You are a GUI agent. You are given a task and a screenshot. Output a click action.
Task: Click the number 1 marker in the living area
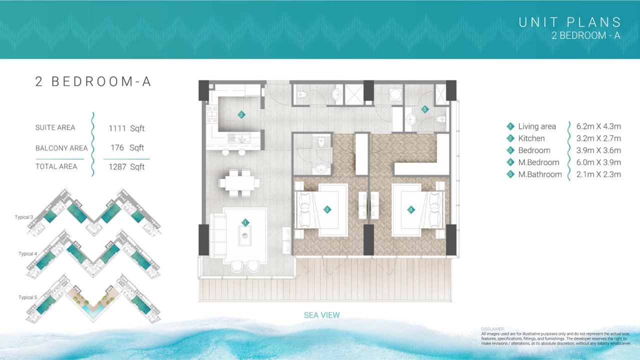click(245, 222)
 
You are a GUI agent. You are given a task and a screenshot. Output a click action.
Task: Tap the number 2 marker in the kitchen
click(241, 115)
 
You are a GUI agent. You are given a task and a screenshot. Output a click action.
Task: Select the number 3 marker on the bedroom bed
click(327, 209)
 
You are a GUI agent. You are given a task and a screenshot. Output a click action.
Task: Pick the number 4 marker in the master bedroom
click(411, 209)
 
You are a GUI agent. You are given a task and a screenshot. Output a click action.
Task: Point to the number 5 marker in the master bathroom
click(425, 109)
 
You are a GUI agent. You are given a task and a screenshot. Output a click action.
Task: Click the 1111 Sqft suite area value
click(126, 128)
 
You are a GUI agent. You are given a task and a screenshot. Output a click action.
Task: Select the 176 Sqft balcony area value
click(127, 147)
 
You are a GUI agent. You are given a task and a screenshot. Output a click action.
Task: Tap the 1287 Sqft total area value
click(126, 167)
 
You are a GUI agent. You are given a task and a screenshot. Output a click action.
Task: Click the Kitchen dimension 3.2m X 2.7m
click(598, 138)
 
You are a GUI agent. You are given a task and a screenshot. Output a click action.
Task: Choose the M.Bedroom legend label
click(538, 162)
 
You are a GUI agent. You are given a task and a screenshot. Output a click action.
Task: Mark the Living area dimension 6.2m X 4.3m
click(598, 126)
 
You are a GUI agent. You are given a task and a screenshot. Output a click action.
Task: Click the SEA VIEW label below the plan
click(321, 315)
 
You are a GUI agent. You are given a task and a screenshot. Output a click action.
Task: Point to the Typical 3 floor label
click(24, 217)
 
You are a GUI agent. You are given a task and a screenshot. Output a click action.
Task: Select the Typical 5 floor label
click(27, 297)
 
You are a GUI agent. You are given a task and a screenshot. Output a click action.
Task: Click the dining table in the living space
click(239, 183)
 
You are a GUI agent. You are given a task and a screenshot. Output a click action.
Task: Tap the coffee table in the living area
click(245, 235)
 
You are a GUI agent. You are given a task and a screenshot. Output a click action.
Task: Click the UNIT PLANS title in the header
click(569, 22)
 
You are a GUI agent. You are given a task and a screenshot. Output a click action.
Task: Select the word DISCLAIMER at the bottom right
click(492, 329)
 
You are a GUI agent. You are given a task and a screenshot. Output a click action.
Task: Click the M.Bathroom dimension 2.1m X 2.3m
click(598, 174)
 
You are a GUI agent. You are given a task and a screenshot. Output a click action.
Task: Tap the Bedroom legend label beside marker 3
click(534, 150)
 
